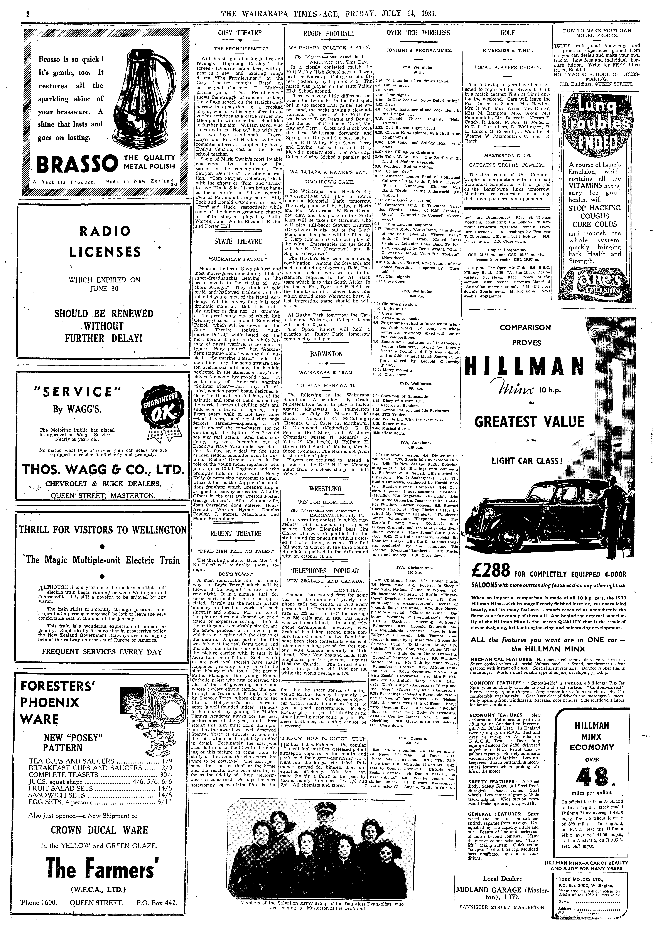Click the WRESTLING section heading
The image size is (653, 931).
[326, 489]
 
